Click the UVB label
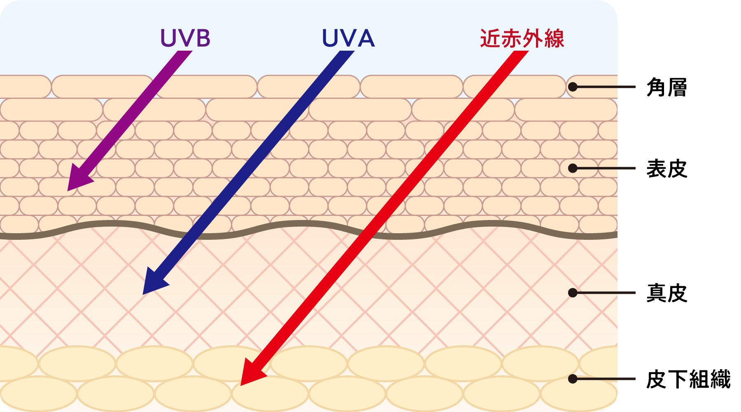coord(185,38)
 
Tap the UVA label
coord(348,38)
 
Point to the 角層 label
coord(666,87)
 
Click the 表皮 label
coord(666,169)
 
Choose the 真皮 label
coord(666,293)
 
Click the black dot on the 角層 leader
coord(573,87)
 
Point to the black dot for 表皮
coord(573,168)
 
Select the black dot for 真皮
coord(573,293)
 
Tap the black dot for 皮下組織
coord(573,379)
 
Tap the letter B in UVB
coord(202,38)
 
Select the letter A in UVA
coord(365,38)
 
